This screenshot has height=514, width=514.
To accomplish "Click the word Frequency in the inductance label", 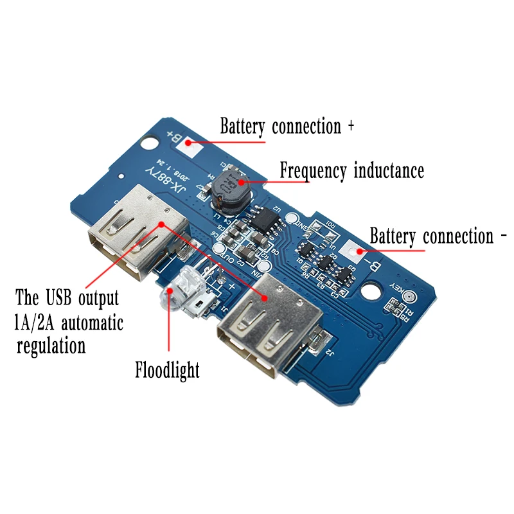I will pyautogui.click(x=312, y=172).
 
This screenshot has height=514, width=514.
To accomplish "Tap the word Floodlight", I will pyautogui.click(x=168, y=370).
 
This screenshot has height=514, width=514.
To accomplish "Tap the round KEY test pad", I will pyautogui.click(x=408, y=297).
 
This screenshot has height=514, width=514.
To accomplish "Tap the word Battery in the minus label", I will pyautogui.click(x=394, y=236).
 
